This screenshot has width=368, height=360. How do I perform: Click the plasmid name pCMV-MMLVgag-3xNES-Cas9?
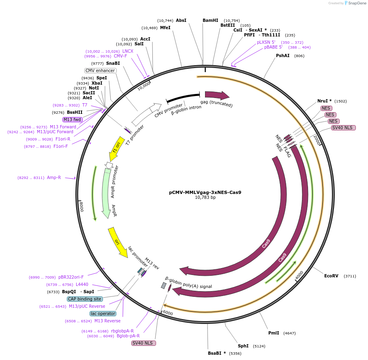(205, 192)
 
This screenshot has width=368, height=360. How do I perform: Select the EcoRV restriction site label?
(331, 276)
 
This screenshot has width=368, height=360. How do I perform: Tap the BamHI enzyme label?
(210, 20)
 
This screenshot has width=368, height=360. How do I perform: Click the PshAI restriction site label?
(282, 55)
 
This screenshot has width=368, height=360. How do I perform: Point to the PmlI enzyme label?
(274, 333)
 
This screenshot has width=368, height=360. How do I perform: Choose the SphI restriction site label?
(243, 346)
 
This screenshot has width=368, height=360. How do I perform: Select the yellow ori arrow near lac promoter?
(117, 242)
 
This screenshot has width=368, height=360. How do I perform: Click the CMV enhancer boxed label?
(100, 70)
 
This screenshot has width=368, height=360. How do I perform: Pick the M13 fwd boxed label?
(72, 119)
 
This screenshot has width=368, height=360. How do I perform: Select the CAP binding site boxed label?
(85, 299)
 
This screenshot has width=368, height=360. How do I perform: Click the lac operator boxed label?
(103, 313)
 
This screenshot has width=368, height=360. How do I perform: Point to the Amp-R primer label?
(54, 177)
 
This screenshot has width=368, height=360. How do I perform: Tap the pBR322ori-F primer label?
(71, 277)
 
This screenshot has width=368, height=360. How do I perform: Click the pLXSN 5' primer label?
(266, 42)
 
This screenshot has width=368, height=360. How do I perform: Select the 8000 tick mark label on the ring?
(81, 206)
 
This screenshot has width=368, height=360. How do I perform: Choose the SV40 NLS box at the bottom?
(143, 343)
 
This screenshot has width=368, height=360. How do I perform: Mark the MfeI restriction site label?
(165, 28)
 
